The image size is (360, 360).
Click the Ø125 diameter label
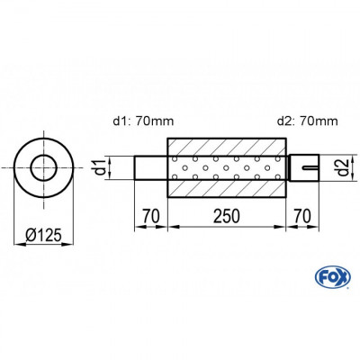click(44, 235)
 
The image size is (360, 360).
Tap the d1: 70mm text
click(143, 121)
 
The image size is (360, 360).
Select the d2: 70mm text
click(308, 121)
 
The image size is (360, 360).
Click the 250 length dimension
click(227, 216)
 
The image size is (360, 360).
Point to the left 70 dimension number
click(150, 216)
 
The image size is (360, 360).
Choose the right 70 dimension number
click(302, 216)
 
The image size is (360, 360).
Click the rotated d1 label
click(101, 167)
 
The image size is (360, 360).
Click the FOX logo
click(333, 276)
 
